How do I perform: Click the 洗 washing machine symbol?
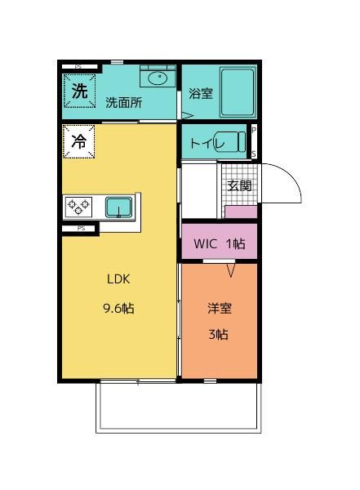point(79,91)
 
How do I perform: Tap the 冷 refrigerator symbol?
point(79,140)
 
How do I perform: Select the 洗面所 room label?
point(123,103)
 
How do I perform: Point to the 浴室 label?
point(200,93)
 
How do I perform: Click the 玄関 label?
point(239,185)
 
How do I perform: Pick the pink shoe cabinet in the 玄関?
point(240,212)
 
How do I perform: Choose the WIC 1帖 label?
point(219,243)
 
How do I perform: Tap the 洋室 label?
point(219,309)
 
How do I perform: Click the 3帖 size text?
point(218,334)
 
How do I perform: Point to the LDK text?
point(118,278)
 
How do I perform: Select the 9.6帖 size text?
point(118,308)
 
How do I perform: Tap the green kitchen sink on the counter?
point(119,207)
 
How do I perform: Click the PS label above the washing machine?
point(79,66)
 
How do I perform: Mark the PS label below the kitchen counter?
point(81,229)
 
